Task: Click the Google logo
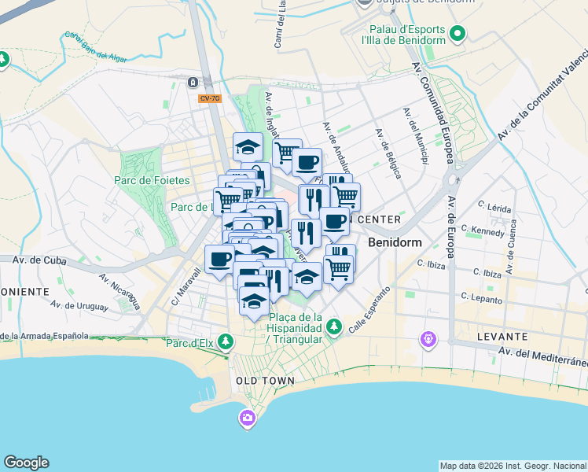tap(26, 463)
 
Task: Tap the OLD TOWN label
tap(265, 381)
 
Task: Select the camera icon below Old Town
tap(248, 418)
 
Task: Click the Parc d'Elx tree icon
tap(226, 341)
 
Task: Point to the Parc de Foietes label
tap(152, 180)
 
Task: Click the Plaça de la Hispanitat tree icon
tap(334, 325)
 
